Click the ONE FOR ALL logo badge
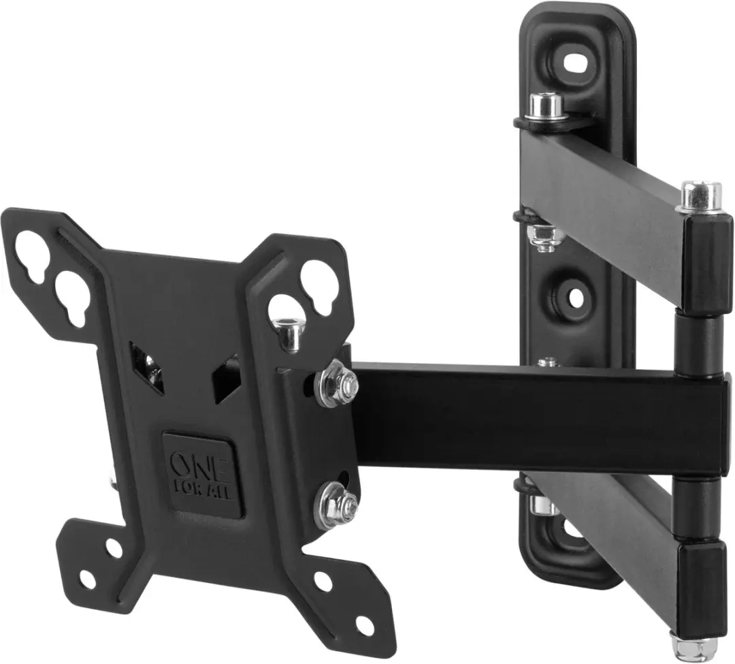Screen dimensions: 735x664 click(x=203, y=475)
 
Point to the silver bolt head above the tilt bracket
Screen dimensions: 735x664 click(x=289, y=334)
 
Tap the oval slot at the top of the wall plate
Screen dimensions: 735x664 click(x=578, y=63)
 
